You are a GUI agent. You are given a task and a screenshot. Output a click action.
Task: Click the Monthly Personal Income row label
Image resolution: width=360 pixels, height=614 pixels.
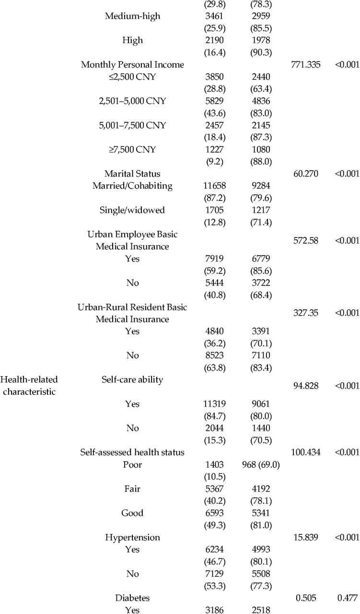[x=132, y=65]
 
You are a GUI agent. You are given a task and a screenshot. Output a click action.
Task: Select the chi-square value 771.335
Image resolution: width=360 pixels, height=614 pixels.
[x=305, y=65]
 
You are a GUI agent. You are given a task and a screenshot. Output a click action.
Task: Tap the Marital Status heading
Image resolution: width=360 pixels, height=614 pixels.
[x=132, y=174]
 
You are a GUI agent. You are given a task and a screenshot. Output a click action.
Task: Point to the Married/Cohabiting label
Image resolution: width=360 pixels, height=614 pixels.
[x=132, y=186]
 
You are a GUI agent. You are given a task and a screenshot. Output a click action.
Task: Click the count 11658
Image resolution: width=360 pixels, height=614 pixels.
[x=215, y=186]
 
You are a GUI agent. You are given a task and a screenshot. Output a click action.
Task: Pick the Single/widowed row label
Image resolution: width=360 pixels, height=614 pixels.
[x=132, y=210]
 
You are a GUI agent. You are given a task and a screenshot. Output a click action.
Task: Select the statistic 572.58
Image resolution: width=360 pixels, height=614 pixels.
[x=306, y=240]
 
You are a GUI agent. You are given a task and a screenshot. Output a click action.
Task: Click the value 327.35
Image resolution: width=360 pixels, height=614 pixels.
[x=306, y=313]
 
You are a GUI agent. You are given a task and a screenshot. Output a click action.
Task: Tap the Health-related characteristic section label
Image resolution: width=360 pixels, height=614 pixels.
[x=29, y=385]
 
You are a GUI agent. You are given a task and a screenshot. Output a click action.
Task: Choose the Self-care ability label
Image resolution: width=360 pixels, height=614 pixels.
[x=132, y=379]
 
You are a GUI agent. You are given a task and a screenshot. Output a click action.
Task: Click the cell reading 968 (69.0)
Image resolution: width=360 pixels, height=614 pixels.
[x=261, y=465]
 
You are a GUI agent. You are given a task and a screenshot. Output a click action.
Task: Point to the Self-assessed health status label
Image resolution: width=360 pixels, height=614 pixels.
[x=132, y=452]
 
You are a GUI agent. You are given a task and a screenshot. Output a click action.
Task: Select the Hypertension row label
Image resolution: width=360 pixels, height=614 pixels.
[x=132, y=538]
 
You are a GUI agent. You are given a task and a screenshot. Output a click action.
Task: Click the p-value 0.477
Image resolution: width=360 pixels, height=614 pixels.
[x=348, y=598]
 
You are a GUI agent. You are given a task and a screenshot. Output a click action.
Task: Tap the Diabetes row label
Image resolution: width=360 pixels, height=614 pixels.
[x=132, y=598]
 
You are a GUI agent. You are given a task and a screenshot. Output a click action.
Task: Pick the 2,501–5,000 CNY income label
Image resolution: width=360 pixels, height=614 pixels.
[x=132, y=101]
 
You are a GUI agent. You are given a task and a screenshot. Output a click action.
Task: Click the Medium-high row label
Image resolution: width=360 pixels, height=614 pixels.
[x=132, y=16]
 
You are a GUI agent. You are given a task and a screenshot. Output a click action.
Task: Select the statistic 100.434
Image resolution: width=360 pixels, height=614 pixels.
[x=305, y=452]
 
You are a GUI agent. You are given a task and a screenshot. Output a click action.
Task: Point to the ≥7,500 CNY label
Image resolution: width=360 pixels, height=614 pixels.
[x=132, y=149]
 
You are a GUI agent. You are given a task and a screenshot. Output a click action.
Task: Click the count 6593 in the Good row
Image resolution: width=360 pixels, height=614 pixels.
[x=215, y=513]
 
